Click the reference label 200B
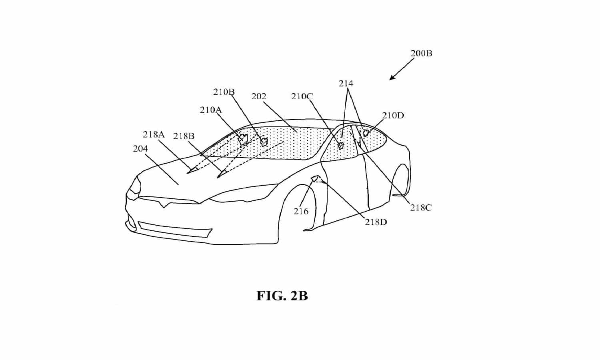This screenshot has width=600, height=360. [x=421, y=53]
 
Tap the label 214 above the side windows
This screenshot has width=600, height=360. [x=346, y=84]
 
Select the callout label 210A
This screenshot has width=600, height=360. [x=211, y=110]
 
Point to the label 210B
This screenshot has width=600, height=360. [x=224, y=92]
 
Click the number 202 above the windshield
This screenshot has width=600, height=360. [x=259, y=96]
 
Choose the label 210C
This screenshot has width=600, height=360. [x=302, y=96]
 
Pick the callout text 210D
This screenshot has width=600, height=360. [x=393, y=116]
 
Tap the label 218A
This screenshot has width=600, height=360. [x=154, y=134]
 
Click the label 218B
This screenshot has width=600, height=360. [x=184, y=136]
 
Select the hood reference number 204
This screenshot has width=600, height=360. [x=140, y=148]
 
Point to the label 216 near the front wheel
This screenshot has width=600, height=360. [x=301, y=211]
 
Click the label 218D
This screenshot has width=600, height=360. [x=376, y=222]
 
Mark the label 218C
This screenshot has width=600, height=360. [x=421, y=208]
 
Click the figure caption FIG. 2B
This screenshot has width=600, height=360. [x=282, y=296]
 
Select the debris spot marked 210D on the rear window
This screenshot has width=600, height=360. [x=366, y=133]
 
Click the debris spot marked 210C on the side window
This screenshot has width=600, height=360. [x=341, y=146]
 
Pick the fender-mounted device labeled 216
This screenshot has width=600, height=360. [x=315, y=178]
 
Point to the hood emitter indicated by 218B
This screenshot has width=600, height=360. [x=221, y=174]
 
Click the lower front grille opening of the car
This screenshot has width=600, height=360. [x=175, y=230]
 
